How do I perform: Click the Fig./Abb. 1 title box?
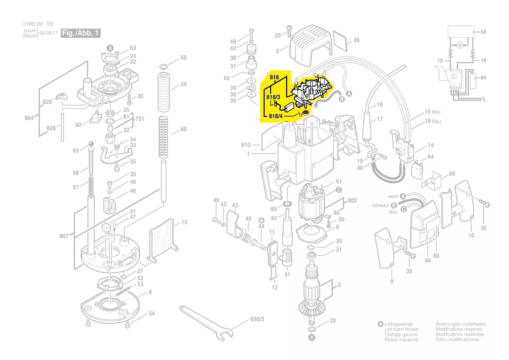[81, 33]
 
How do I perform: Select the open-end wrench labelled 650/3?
[206, 323]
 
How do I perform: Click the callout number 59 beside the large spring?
[183, 84]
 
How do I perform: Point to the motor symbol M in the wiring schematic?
[460, 45]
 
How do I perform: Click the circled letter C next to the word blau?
[404, 209]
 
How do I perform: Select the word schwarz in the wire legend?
[380, 205]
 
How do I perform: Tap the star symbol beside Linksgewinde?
[380, 324]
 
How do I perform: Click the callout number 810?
[246, 145]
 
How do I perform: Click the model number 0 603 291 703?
[38, 24]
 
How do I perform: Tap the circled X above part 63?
[110, 48]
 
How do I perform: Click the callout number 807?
[64, 236]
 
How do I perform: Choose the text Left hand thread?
[401, 329]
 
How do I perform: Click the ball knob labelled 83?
[91, 144]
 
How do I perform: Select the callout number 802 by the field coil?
[352, 200]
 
